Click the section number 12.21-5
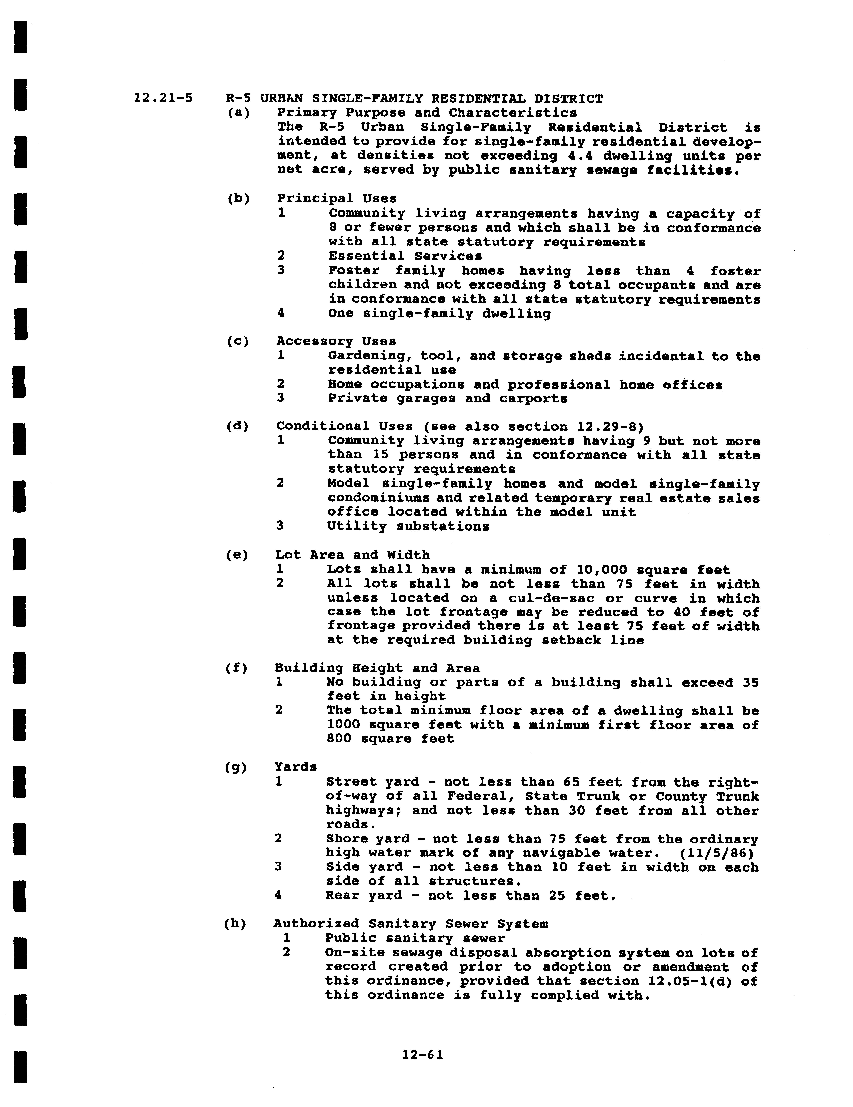point(163,98)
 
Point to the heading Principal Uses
point(337,198)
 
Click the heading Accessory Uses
point(336,341)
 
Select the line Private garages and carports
point(447,398)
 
